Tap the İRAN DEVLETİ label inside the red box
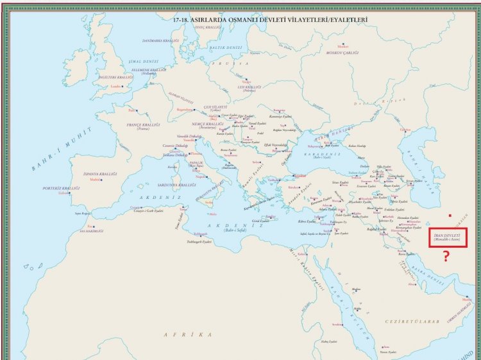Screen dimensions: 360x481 (x=448, y=236)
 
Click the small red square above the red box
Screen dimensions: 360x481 (x=450, y=215)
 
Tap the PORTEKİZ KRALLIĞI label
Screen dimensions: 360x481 (x=62, y=188)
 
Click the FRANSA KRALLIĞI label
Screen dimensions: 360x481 (x=142, y=124)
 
